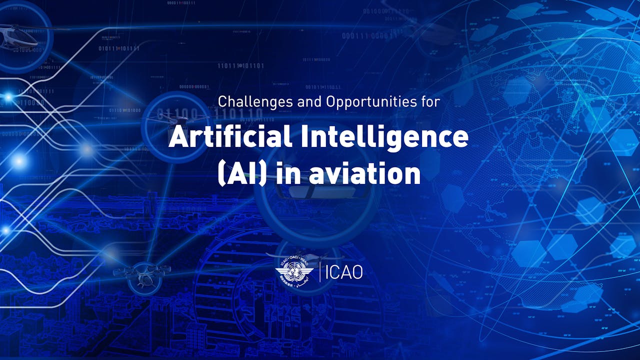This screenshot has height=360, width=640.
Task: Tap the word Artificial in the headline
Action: pos(228,137)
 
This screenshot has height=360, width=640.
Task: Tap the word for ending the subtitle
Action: pos(429,102)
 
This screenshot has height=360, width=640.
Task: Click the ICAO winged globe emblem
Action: pos(294,271)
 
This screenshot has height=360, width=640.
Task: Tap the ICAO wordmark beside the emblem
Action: pos(344,272)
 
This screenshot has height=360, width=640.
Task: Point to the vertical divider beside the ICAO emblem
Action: pos(319,271)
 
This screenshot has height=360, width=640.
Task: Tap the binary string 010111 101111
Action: pos(119,48)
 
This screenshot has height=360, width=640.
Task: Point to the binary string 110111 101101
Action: pos(240,65)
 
